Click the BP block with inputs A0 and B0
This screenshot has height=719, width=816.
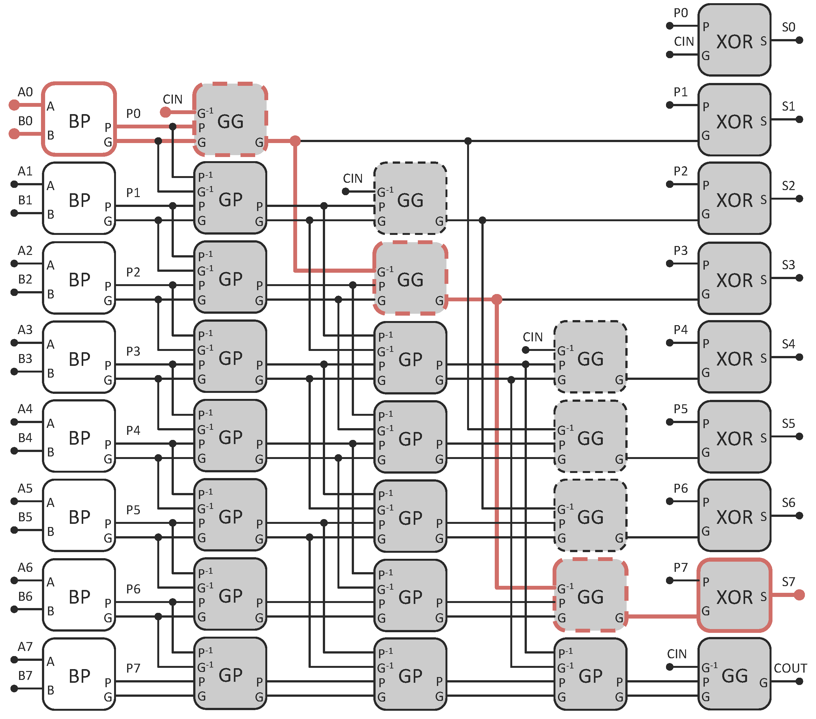(x=79, y=119)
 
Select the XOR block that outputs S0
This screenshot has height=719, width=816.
(x=734, y=40)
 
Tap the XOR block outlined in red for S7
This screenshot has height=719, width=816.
(x=734, y=595)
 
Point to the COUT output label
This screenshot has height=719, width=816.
(x=790, y=668)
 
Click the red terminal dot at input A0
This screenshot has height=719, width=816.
(x=14, y=105)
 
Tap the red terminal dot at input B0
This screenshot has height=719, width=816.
(x=14, y=134)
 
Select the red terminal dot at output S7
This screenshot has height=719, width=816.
(x=799, y=595)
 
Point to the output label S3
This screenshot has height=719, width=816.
(x=788, y=265)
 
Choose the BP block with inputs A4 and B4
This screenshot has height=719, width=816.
(x=79, y=436)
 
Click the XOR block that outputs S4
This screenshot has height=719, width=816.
(x=734, y=357)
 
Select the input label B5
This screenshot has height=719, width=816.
(x=25, y=517)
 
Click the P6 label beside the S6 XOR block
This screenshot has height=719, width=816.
(x=680, y=488)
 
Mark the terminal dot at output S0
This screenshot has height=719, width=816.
(x=799, y=40)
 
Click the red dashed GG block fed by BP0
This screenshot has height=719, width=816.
(x=230, y=120)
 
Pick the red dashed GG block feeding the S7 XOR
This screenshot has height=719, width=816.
(x=590, y=595)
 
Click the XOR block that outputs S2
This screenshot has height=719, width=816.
(x=734, y=198)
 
